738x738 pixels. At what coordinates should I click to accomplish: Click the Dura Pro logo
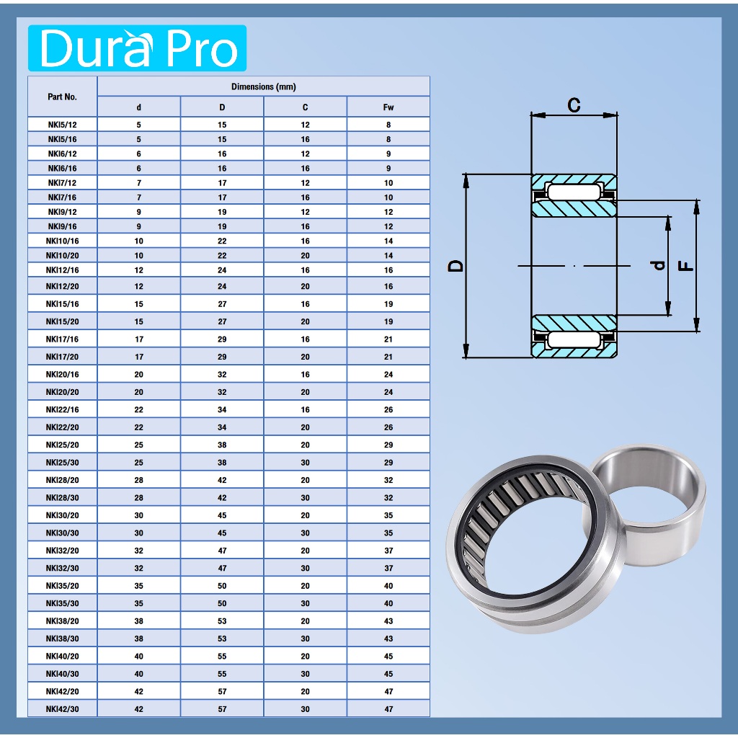137,48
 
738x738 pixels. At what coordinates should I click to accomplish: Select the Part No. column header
62,97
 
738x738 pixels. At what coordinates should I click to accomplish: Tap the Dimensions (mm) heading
264,86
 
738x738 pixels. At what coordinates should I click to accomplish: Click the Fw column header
388,107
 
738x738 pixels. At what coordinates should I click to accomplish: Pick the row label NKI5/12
62,125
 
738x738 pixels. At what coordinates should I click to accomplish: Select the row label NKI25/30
62,462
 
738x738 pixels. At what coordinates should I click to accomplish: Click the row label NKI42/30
62,709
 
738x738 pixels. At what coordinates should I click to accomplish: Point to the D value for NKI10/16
222,241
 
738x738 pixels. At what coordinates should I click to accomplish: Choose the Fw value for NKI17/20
388,357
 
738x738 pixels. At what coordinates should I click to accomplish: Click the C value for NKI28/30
305,497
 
